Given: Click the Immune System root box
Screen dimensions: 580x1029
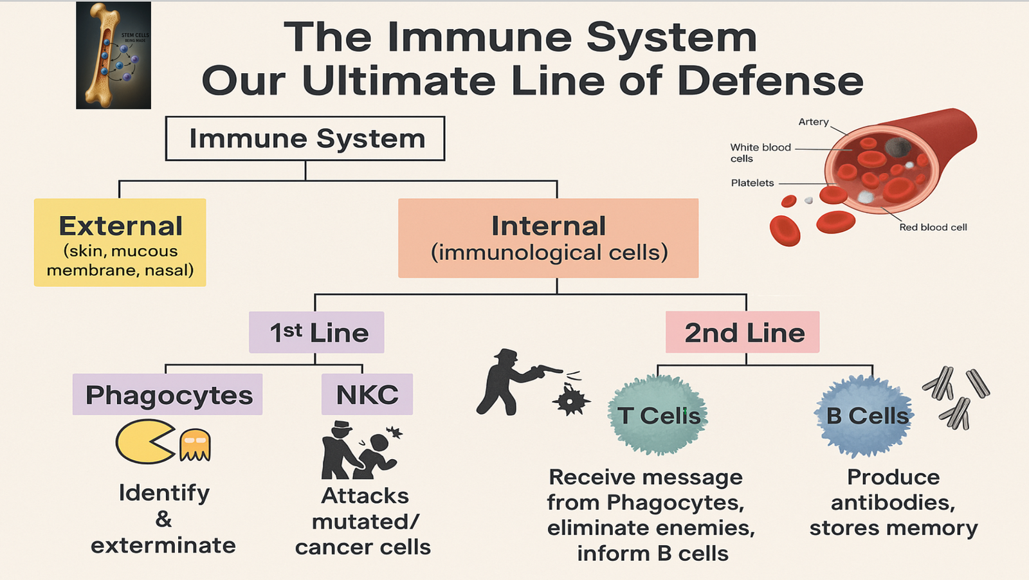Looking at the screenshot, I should click(305, 138).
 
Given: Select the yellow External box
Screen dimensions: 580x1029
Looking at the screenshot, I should click(120, 242).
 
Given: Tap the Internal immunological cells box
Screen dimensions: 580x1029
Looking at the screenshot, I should click(548, 238).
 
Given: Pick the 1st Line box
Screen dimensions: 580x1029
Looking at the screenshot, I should click(316, 332).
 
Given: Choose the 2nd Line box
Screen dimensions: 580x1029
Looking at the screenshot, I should click(742, 332).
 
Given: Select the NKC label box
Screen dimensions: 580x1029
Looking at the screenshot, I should click(367, 394).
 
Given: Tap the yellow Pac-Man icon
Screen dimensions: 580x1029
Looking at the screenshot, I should click(143, 442).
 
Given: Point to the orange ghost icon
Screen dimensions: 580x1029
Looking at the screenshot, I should click(195, 445).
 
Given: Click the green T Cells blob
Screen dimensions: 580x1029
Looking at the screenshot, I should click(657, 415).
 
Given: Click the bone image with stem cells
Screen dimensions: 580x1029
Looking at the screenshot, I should click(113, 55).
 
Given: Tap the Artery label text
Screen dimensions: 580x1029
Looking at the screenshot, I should click(814, 122).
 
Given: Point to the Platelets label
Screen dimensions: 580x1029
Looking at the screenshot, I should click(752, 183).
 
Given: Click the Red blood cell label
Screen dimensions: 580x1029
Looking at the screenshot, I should click(933, 227).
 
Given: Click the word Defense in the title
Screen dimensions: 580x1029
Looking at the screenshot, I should click(770, 82).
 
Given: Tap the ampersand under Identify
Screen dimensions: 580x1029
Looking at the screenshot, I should click(163, 519).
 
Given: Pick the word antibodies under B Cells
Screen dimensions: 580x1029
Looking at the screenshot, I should click(893, 502).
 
